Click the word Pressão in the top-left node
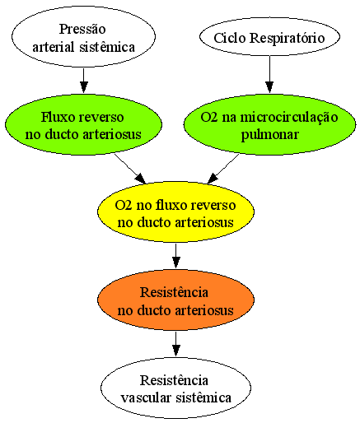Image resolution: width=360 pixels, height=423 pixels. click(x=82, y=29)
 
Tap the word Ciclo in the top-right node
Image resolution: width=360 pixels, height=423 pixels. click(x=230, y=38)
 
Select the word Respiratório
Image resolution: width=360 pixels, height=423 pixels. click(x=288, y=39)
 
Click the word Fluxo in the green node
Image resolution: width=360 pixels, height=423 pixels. click(x=58, y=117)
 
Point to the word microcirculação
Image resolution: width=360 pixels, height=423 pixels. click(x=289, y=118)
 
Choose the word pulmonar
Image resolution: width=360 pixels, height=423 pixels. click(x=269, y=135)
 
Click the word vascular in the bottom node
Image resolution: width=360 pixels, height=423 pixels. click(x=146, y=397)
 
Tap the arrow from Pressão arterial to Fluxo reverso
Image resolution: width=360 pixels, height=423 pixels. click(x=84, y=81)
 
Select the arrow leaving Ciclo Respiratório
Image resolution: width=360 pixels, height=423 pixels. click(x=269, y=74)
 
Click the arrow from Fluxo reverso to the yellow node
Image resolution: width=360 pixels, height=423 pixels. click(x=130, y=169)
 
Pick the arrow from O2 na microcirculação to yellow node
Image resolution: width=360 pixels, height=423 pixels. click(x=223, y=169)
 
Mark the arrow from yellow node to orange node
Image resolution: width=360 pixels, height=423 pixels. click(x=176, y=256)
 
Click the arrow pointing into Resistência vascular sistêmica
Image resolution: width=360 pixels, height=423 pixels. click(x=176, y=344)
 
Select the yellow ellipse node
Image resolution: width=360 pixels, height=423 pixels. click(x=175, y=212)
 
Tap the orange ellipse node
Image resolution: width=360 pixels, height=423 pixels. click(x=175, y=300)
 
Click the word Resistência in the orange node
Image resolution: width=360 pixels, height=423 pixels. click(x=174, y=292)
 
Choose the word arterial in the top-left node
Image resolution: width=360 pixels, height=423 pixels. click(x=54, y=47)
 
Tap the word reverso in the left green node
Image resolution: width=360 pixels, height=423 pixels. click(x=101, y=118)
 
